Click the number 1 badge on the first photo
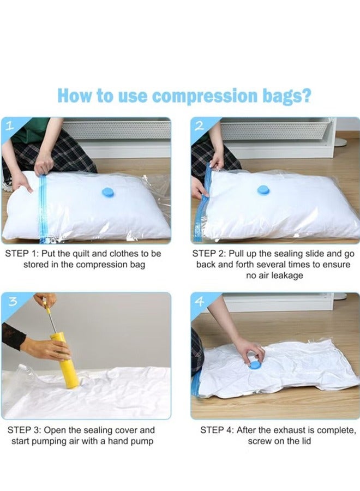point(9,126)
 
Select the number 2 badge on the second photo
point(199,126)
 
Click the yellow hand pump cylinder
point(65,360)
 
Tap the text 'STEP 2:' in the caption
point(209,254)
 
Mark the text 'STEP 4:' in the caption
point(217,430)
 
